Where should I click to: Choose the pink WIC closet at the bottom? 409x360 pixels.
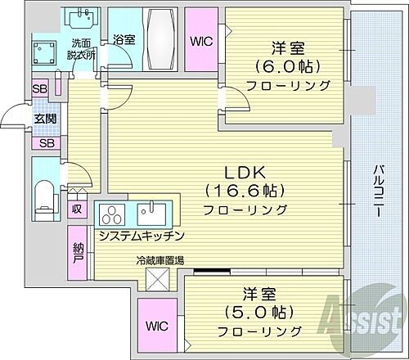(158, 324)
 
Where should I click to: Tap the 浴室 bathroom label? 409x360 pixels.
(124, 38)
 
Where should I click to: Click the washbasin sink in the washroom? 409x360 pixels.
(83, 17)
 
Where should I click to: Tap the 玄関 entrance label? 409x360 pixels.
(45, 117)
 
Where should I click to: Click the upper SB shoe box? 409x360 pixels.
(39, 89)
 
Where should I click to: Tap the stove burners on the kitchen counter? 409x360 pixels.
(110, 214)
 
